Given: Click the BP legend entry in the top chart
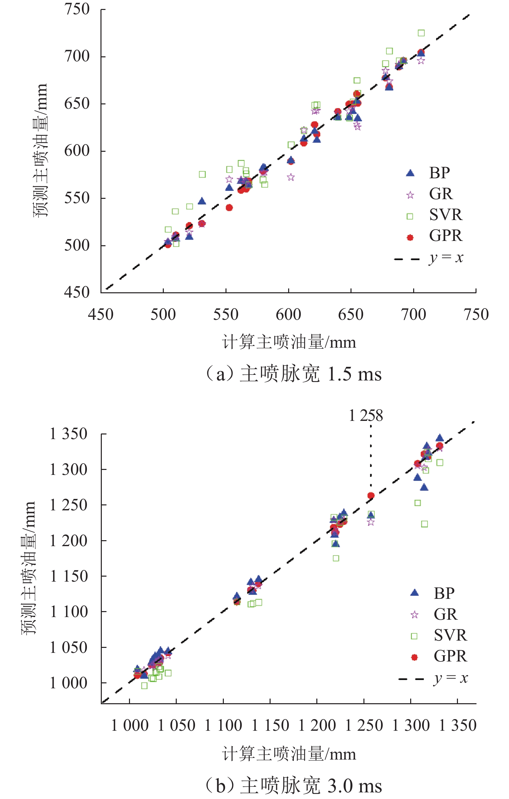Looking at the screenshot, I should pos(439,173).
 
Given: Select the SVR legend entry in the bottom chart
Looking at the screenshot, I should pos(450,635).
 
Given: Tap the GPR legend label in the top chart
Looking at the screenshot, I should pos(445,236).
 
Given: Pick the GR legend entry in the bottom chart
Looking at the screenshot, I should pos(445,614).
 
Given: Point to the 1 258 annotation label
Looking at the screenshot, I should pos(366,416).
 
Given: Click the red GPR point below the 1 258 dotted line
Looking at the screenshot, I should pos(371,496).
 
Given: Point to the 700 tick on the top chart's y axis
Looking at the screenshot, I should pos(77,56).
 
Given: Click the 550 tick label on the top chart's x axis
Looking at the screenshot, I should pos(226,314).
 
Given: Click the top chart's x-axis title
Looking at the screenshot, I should pos(289,342).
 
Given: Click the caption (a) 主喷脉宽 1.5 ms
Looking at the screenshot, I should pos(293,374).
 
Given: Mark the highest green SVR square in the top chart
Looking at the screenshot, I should pos(421,33).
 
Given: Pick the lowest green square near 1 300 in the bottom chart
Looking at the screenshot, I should pos(424,524).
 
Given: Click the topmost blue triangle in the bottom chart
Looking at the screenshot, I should pos(440,438).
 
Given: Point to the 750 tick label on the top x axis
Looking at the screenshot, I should pos(476,314).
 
